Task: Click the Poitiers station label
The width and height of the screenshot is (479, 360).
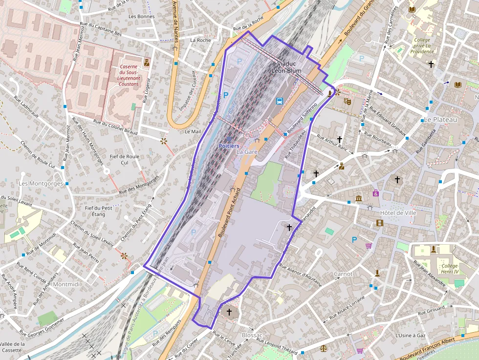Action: coord(229,146)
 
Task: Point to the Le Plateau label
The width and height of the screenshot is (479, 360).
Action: coord(440,120)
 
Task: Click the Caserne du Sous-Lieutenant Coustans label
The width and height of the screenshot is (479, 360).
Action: coord(129,75)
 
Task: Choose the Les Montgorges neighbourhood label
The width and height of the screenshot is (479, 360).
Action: coord(41,183)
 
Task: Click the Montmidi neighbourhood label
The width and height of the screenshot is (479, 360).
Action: coord(67,284)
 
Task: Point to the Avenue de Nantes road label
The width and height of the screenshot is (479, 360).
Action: coord(175,20)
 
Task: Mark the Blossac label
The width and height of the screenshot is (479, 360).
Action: coord(252,335)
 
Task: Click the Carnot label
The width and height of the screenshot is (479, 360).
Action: coord(343,274)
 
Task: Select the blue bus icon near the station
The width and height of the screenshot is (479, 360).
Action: coord(280,101)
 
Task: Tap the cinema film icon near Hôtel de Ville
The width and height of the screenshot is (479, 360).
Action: coord(380,223)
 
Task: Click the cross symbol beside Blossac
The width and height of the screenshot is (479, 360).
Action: coord(229,311)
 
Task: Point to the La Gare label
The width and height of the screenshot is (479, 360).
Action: coord(247,152)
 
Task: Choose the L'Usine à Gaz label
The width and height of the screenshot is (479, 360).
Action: coord(410,336)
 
